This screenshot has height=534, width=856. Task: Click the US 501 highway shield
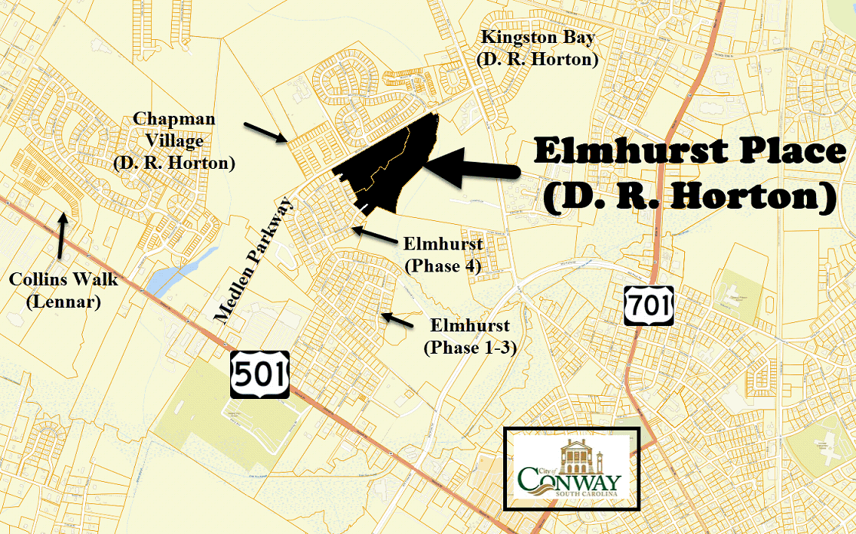(260, 374)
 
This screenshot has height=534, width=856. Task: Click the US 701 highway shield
(648, 305)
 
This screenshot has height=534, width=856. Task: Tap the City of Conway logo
(571, 468)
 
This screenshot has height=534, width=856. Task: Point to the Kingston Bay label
(537, 48)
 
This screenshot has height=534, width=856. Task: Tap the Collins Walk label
(64, 290)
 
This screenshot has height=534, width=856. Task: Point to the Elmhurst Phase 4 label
(442, 255)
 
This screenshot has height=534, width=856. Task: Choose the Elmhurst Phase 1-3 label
(469, 337)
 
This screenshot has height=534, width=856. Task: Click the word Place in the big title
(777, 150)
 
